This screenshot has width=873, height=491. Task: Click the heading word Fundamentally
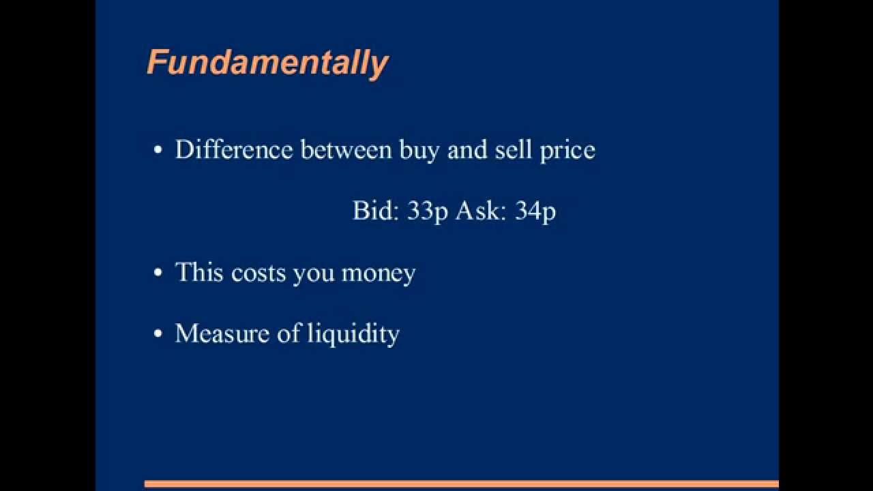coord(267,63)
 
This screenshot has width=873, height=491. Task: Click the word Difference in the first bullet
coord(234,150)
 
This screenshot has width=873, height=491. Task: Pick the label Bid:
coord(375,211)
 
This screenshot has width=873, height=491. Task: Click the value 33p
coord(428,211)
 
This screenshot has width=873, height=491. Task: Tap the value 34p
coord(535,211)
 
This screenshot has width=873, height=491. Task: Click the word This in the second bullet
coord(199,272)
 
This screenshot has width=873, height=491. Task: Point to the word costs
coord(258,273)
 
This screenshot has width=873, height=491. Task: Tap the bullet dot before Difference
coord(158,151)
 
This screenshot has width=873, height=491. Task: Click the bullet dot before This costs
coord(158,273)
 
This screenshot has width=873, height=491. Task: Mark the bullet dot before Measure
coord(158,334)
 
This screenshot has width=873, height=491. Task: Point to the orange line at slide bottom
coord(461,484)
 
